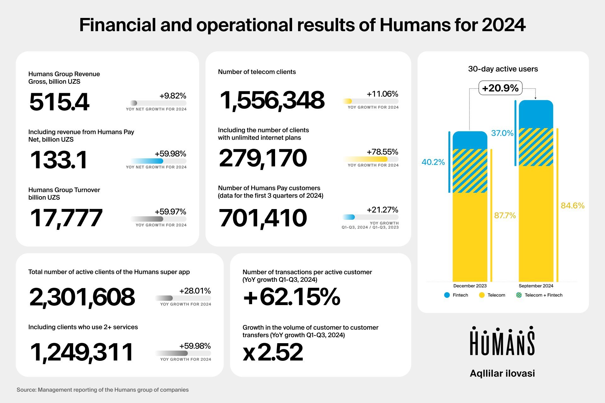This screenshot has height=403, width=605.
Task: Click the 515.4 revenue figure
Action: click(x=59, y=102)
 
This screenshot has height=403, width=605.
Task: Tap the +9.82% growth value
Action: click(x=173, y=96)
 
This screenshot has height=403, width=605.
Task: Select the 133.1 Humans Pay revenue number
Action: click(x=59, y=160)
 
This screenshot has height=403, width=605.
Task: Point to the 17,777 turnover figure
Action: click(x=66, y=218)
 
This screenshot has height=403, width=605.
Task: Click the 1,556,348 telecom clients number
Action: click(x=272, y=100)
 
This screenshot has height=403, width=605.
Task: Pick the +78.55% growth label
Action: click(x=382, y=152)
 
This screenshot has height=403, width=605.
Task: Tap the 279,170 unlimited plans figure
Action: click(x=263, y=158)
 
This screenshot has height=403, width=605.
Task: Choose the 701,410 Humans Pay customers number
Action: click(x=263, y=218)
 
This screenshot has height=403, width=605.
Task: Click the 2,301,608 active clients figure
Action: click(x=82, y=297)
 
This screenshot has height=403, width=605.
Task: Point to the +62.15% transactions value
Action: click(x=291, y=297)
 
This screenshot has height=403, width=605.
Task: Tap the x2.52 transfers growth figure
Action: click(x=273, y=352)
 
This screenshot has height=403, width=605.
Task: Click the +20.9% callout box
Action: click(x=500, y=88)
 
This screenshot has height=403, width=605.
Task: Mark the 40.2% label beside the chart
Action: click(x=433, y=162)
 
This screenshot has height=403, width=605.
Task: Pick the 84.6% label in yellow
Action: click(x=573, y=206)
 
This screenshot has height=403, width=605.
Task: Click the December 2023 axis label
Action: click(x=470, y=286)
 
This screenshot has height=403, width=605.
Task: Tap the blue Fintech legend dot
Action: click(x=447, y=295)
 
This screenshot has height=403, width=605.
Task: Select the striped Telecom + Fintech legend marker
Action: click(x=519, y=295)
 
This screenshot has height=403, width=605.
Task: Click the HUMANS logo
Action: click(x=502, y=341)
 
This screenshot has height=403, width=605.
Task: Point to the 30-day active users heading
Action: click(x=503, y=69)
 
